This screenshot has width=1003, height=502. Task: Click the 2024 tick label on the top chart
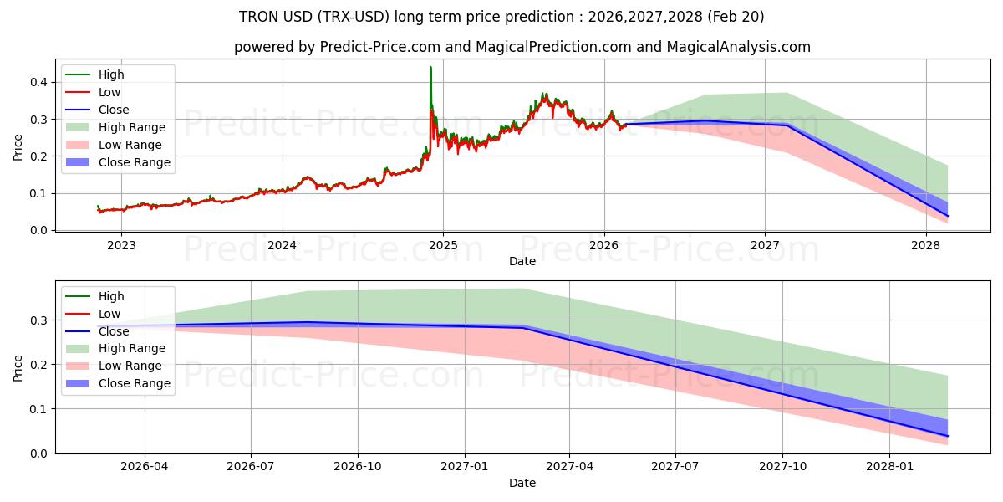click(282, 245)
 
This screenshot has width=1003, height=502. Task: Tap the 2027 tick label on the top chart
click(765, 245)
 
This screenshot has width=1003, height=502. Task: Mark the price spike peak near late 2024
click(430, 68)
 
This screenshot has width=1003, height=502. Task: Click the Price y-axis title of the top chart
click(18, 148)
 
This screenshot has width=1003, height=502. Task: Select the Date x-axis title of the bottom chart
click(522, 484)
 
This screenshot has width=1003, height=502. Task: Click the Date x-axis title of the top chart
click(522, 261)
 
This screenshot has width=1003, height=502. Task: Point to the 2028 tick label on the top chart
click(925, 245)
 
